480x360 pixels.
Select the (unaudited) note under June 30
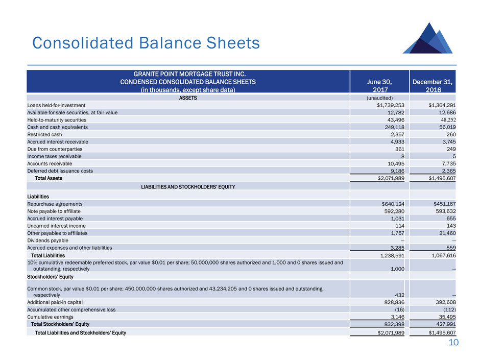(x=379, y=97)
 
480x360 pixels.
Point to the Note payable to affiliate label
(x=54, y=210)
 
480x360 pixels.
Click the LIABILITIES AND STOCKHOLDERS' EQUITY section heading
(x=188, y=186)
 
